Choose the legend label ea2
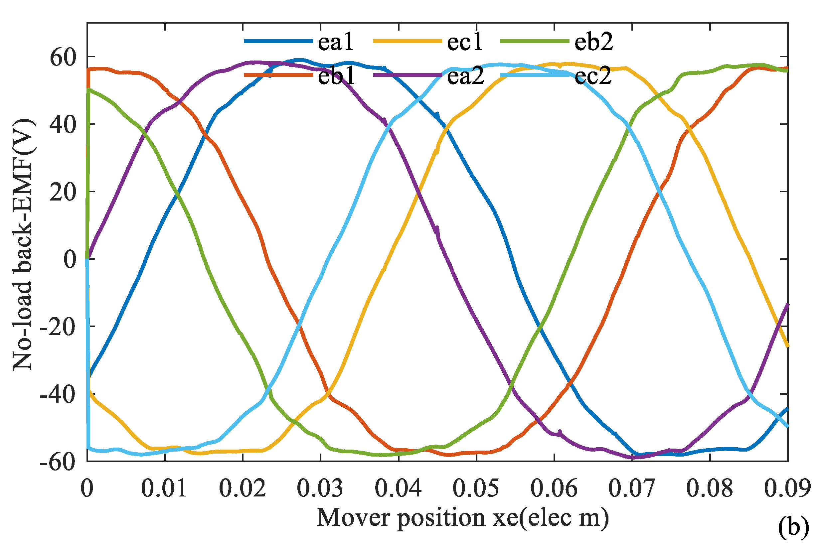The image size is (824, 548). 466,76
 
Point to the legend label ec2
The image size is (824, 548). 593,76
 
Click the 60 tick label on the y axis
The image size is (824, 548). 63,57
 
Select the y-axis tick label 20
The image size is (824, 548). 63,192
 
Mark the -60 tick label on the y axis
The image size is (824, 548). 58,462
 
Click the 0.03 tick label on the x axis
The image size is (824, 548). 320,488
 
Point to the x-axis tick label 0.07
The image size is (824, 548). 632,488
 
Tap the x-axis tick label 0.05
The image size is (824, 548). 476,488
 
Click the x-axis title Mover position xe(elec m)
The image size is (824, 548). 462,518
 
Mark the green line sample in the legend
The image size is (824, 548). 535,41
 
